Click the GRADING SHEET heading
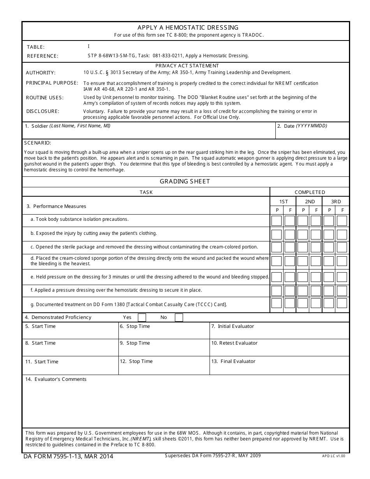pos(185,181)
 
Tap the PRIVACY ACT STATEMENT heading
pos(187,66)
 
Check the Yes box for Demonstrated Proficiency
pos(142,317)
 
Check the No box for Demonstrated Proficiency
pos(179,317)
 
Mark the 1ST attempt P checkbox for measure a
pos(277,221)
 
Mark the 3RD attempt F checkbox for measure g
pos(342,303)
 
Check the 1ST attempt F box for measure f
pos(290,291)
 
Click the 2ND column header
pos(310,202)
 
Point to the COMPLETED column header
pos(310,192)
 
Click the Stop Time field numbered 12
pos(164,368)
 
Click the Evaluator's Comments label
pos(56,379)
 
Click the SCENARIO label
pos(37,143)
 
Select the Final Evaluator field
pos(279,368)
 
